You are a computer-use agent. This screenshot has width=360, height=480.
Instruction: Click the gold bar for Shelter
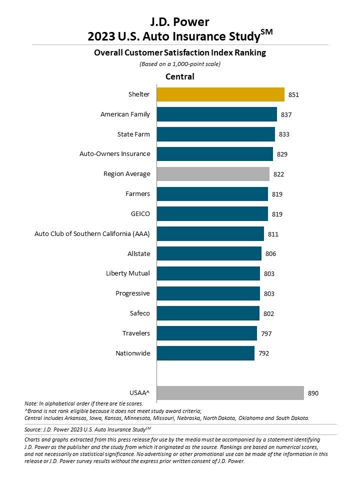(x=220, y=94)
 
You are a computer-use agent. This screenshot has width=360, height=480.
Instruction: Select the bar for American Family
(x=217, y=114)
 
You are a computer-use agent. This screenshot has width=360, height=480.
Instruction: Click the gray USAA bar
(x=230, y=393)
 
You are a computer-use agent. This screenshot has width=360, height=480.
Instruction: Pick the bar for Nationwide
(x=205, y=353)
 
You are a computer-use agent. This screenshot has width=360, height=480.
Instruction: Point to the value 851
(x=294, y=94)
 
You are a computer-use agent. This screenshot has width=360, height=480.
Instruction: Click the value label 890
(x=313, y=393)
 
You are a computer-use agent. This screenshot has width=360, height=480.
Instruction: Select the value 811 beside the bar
(x=273, y=234)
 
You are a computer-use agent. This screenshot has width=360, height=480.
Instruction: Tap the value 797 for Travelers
(x=266, y=333)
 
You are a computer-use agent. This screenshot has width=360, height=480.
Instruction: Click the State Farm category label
(x=133, y=134)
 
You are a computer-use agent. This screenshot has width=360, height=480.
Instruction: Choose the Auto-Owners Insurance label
(x=115, y=154)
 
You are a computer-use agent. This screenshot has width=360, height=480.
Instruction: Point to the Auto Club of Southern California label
(x=92, y=234)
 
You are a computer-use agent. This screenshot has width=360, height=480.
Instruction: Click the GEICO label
(x=140, y=214)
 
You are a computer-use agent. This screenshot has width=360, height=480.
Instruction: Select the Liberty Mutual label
(x=128, y=273)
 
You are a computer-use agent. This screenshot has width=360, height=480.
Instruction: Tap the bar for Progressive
(x=208, y=293)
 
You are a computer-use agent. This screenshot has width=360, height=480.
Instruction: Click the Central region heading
(x=180, y=76)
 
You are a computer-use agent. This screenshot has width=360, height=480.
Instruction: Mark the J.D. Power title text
(x=180, y=21)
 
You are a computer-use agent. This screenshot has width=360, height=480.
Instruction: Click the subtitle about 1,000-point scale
(x=179, y=63)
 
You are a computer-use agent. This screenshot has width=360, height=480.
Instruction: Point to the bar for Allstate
(x=209, y=253)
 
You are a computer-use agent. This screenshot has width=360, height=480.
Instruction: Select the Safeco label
(x=140, y=313)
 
